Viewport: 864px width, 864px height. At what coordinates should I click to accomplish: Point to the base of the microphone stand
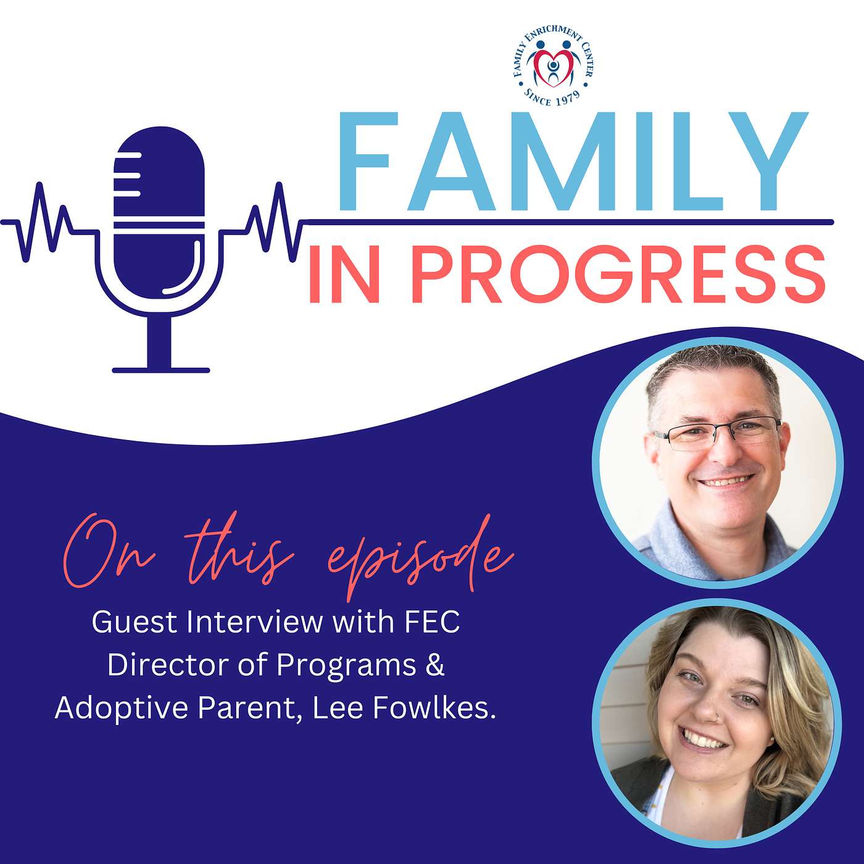(161, 370)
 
